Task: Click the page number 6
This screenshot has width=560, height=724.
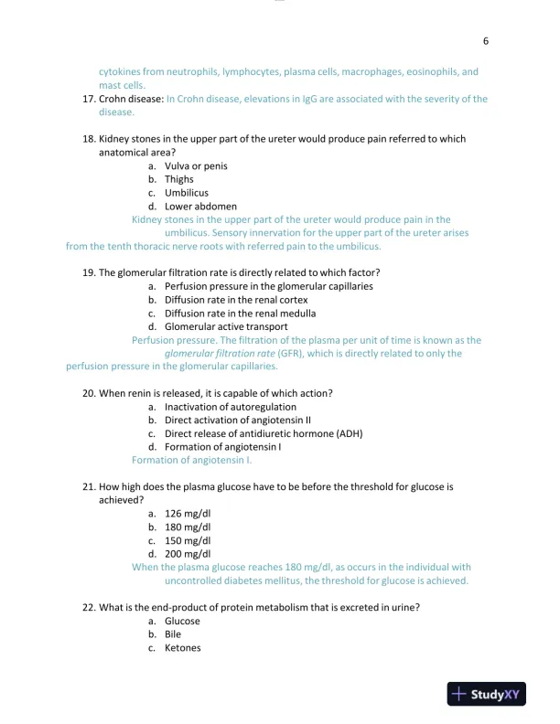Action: [x=486, y=41]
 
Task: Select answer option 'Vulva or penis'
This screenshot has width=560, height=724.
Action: [x=196, y=166]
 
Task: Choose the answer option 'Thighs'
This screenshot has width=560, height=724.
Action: [x=179, y=180]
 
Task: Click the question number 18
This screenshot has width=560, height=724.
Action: [x=89, y=139]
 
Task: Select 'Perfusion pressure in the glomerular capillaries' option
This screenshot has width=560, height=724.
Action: [x=268, y=286]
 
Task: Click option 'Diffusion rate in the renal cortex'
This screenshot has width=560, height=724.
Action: [x=236, y=300]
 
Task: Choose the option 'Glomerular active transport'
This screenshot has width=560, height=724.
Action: [x=226, y=326]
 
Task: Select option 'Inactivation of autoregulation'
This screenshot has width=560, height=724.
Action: [x=231, y=407]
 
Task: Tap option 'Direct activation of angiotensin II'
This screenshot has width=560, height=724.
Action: [x=240, y=421]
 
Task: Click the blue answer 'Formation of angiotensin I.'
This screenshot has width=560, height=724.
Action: [x=192, y=461]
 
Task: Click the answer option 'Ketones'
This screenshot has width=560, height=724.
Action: [x=182, y=648]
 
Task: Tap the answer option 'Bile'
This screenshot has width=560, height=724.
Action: [x=173, y=634]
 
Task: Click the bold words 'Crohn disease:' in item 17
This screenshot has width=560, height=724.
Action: [x=131, y=99]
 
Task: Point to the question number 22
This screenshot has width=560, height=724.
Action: [x=89, y=608]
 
